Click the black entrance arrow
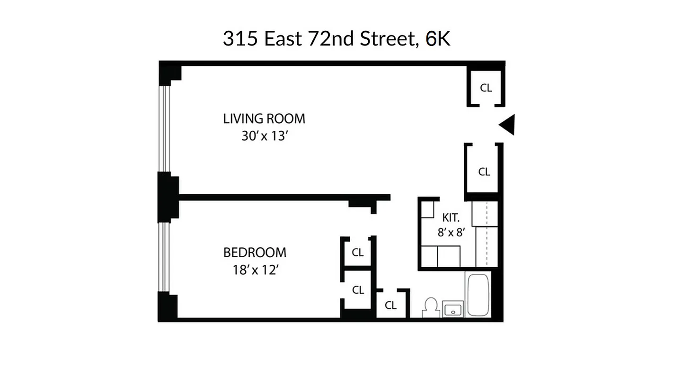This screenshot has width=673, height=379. click(508, 125)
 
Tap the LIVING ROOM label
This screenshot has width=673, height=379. click(264, 118)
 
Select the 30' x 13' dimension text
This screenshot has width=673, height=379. click(265, 136)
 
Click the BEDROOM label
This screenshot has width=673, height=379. click(255, 253)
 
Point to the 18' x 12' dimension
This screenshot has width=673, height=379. click(254, 271)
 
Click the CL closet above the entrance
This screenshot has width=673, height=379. click(486, 88)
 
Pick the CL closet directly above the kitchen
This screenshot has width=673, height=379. click(484, 171)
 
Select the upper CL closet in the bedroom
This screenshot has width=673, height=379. click(358, 253)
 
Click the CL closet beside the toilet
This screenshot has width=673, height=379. click(391, 306)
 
